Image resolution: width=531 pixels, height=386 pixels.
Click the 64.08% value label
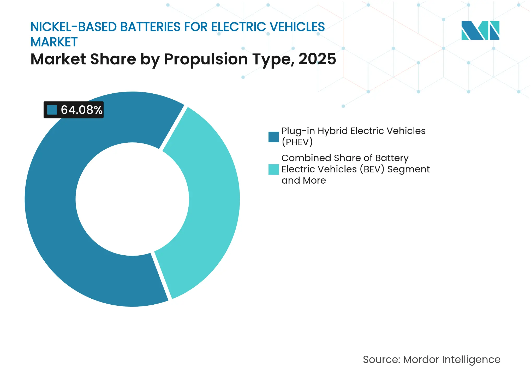click(x=81, y=110)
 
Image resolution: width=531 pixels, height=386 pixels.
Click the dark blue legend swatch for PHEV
click(x=273, y=137)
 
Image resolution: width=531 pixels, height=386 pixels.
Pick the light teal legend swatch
click(x=273, y=169)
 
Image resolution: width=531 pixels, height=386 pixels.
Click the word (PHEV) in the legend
click(x=297, y=142)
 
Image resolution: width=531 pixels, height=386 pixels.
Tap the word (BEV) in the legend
click(x=372, y=169)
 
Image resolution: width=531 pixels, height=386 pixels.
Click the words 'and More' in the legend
click(x=304, y=180)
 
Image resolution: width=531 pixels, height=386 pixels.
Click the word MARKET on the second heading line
click(x=54, y=42)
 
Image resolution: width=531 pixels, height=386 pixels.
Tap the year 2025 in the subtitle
click(x=317, y=59)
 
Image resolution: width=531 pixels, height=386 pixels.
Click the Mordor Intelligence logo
click(x=480, y=31)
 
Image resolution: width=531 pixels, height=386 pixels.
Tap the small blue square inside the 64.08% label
click(x=52, y=110)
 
